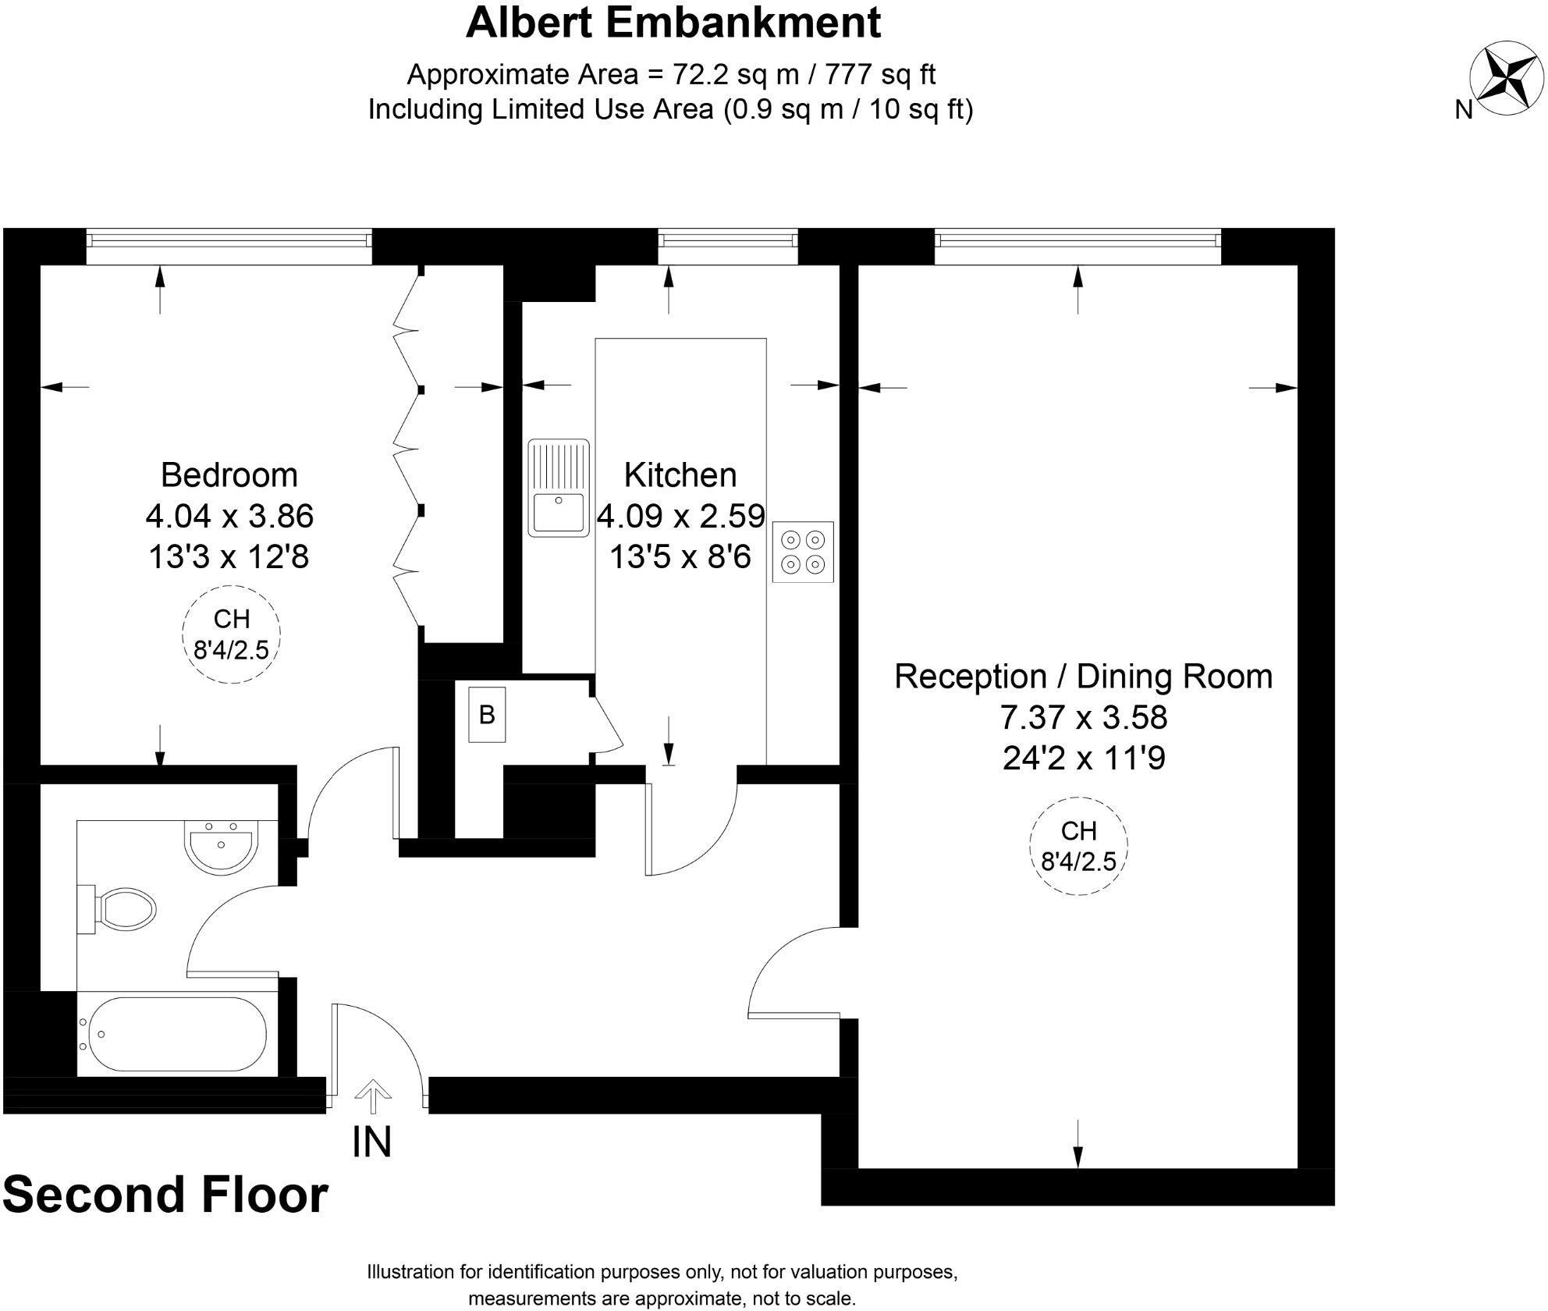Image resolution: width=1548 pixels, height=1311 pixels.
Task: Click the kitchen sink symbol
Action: point(559,488)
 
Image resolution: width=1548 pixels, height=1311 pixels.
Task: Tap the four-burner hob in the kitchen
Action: point(803,552)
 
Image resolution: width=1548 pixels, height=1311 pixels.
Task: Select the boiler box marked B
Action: point(487,715)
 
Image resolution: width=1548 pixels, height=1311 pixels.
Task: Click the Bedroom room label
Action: point(229,475)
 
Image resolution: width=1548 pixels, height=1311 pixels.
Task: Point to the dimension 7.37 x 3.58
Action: point(1083,717)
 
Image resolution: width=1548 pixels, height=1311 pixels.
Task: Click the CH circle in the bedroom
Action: point(231,634)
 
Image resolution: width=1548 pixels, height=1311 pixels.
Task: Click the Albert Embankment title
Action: point(673,23)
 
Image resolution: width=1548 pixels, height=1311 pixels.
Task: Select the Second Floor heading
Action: point(165,1195)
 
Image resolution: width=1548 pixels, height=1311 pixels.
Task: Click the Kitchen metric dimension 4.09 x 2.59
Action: point(680,516)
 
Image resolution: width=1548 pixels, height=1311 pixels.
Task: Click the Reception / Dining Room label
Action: point(1083,677)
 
